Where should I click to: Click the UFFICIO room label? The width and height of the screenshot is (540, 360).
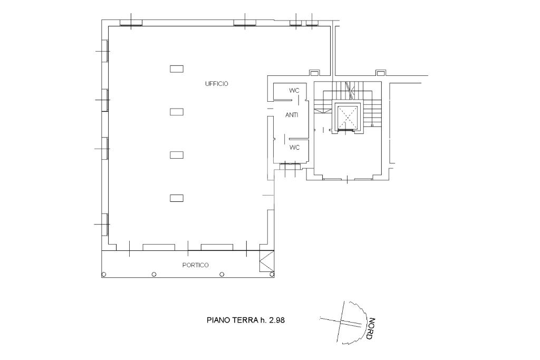[x=217, y=84]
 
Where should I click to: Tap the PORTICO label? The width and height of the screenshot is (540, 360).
[x=195, y=265]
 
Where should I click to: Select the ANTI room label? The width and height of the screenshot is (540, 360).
[x=292, y=115]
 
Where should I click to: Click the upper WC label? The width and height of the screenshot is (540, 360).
[x=294, y=91]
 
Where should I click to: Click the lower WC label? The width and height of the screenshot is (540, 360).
[x=294, y=147]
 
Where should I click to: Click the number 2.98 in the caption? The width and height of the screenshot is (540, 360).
[x=277, y=320]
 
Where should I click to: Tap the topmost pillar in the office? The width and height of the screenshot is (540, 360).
[x=177, y=69]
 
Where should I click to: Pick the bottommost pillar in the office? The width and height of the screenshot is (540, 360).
[x=177, y=198]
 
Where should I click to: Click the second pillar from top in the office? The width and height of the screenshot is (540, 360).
[x=177, y=112]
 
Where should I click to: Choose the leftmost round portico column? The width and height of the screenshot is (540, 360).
[x=104, y=274]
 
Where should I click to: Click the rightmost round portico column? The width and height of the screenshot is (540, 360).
[x=272, y=274]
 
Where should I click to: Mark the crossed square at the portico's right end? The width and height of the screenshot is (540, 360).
[x=266, y=261]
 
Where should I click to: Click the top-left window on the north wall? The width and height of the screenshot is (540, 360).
[x=131, y=23]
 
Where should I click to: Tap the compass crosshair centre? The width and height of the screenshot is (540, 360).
[x=340, y=321]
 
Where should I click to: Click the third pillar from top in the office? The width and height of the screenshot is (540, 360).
[x=177, y=155]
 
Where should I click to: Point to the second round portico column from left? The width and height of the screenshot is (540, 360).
[x=154, y=274]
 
